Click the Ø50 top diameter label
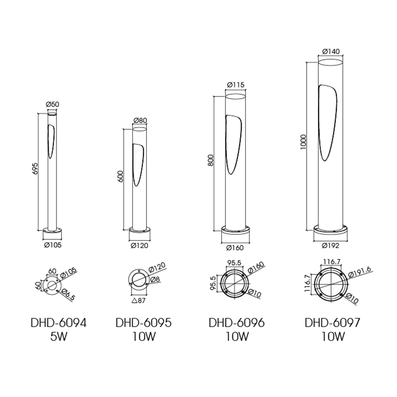point(52,104)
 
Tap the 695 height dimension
point(36,168)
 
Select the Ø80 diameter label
point(140,120)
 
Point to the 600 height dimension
point(121,176)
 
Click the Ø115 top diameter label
point(236,84)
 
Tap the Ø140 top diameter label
point(331,52)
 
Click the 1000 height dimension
point(304,142)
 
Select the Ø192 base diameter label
point(331,246)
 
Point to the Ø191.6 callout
point(360,271)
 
